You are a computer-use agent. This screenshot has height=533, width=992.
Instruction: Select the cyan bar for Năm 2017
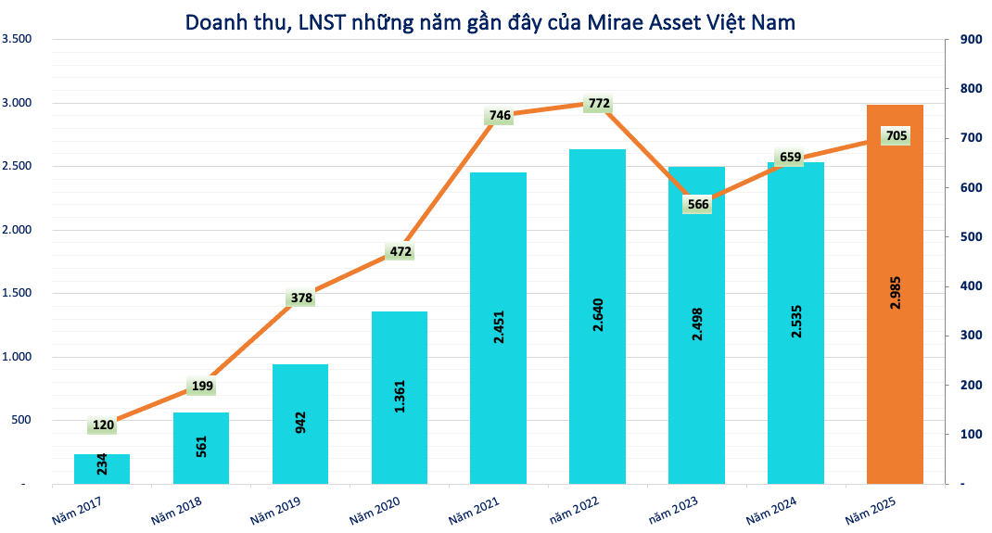click(102, 469)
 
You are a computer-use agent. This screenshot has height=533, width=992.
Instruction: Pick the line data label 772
click(599, 104)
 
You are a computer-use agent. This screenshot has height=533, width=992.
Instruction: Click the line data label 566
click(697, 204)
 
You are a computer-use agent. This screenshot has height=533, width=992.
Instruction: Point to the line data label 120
click(103, 425)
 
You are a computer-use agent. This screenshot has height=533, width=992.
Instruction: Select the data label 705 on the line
click(896, 136)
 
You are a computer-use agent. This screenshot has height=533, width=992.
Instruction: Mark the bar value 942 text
click(301, 423)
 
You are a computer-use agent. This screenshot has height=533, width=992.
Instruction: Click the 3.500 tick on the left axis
click(18, 39)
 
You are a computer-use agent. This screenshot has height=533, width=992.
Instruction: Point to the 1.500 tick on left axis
click(18, 293)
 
